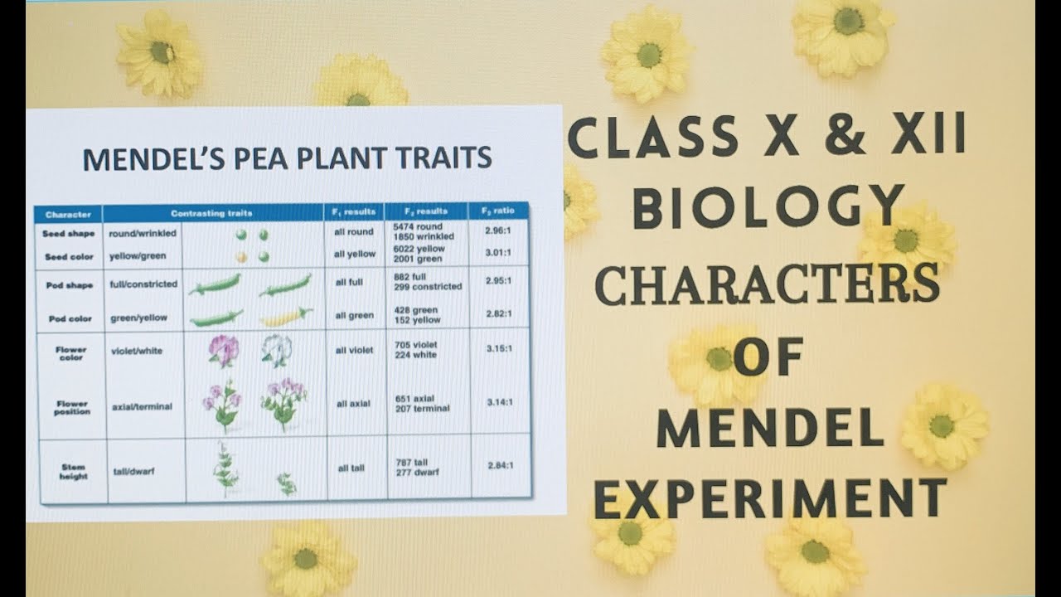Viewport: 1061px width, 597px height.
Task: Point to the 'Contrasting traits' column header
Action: [x=211, y=213]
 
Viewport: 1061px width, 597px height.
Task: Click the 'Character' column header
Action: [x=68, y=213]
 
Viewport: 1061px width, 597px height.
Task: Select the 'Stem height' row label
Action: [x=72, y=472]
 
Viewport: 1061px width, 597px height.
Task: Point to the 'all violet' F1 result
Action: [x=355, y=350]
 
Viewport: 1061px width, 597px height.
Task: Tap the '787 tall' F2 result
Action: [x=412, y=463]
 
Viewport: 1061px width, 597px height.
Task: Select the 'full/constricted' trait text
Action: [x=143, y=284]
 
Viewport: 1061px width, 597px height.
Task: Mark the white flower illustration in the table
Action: [x=276, y=350]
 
